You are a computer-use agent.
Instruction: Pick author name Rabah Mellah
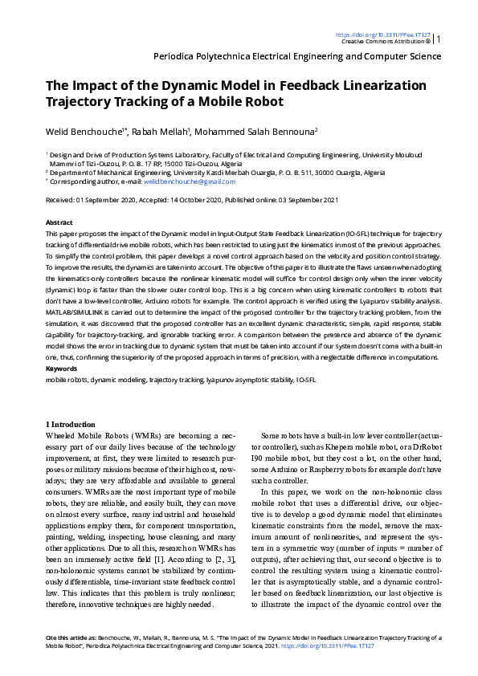161,131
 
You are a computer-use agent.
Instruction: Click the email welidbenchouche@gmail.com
178,182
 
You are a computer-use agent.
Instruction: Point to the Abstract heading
59,222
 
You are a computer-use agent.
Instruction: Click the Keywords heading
62,368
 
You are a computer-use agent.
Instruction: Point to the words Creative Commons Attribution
382,42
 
